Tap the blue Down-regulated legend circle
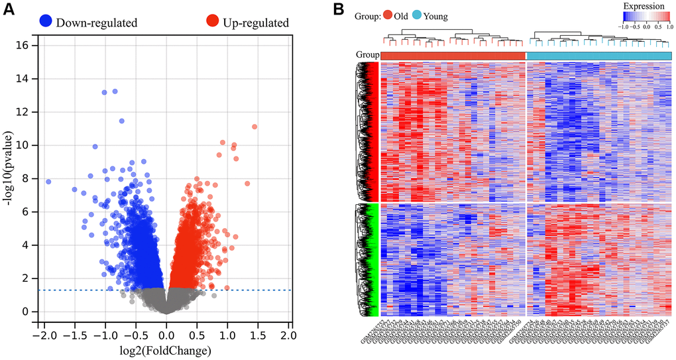(46, 22)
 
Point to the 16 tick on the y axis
(26, 45)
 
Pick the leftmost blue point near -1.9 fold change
(48, 182)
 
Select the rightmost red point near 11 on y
(254, 127)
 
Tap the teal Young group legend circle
(435, 15)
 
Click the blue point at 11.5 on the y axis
(121, 121)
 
